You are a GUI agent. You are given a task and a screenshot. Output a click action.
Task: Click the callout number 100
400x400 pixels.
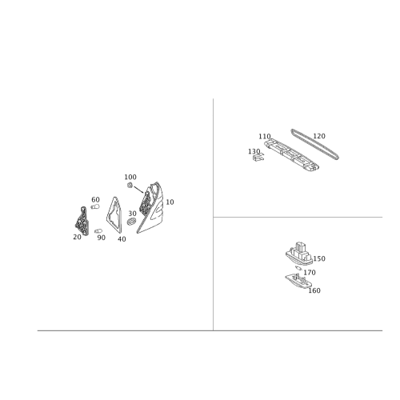(x=130, y=177)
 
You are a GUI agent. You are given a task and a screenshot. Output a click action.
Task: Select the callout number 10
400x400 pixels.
(x=170, y=202)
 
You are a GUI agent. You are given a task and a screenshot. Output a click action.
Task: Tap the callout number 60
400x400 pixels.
(x=95, y=199)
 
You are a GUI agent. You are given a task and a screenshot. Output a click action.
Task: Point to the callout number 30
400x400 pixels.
(x=132, y=214)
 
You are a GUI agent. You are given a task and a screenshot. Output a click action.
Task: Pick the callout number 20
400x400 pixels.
(x=77, y=237)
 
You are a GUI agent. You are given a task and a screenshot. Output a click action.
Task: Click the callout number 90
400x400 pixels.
(x=102, y=238)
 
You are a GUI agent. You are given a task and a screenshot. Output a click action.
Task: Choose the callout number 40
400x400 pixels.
(x=122, y=239)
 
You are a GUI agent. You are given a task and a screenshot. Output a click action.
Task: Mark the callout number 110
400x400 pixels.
(x=265, y=136)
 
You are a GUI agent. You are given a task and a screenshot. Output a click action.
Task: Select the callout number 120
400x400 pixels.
(x=319, y=136)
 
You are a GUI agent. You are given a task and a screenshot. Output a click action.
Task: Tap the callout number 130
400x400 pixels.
(x=254, y=151)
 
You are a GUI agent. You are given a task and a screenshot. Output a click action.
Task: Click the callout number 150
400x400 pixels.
(x=319, y=258)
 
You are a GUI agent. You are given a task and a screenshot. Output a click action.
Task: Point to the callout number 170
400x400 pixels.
(x=310, y=273)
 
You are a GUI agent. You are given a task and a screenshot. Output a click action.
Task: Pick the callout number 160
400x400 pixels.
(x=314, y=290)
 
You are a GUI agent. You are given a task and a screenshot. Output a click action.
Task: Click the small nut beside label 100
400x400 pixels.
(x=130, y=185)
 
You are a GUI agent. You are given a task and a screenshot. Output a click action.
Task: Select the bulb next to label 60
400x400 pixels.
(x=95, y=206)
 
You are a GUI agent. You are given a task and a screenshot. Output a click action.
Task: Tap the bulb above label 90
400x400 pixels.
(x=98, y=230)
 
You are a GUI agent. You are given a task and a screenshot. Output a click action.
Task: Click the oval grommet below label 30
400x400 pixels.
(x=132, y=222)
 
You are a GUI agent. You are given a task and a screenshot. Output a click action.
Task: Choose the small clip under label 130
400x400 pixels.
(x=258, y=158)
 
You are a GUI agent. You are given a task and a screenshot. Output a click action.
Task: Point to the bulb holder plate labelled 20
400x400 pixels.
(x=82, y=221)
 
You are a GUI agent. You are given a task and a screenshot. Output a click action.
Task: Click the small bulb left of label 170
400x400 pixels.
(x=298, y=268)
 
